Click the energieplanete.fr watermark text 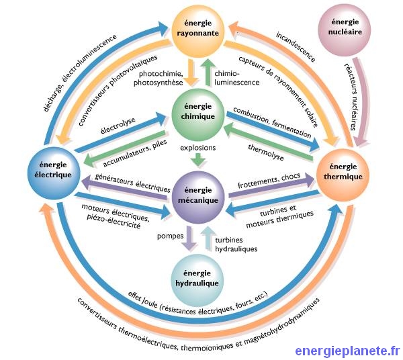347,349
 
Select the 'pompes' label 170,236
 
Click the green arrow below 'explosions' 197,159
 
